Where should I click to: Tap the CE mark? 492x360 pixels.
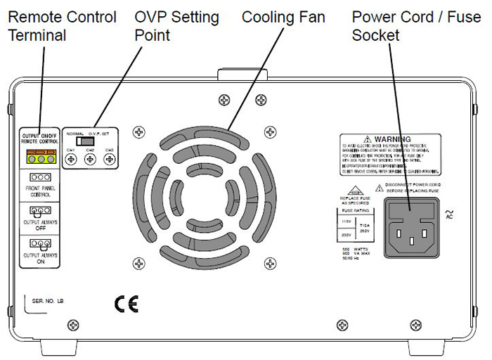128,303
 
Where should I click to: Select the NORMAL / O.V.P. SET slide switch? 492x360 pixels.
89,141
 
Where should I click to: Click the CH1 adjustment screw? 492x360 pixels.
71,160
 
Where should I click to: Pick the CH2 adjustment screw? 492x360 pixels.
90,160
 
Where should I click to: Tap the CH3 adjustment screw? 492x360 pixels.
109,160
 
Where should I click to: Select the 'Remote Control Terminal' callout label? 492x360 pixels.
62,25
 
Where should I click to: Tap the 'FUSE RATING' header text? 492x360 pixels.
357,209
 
